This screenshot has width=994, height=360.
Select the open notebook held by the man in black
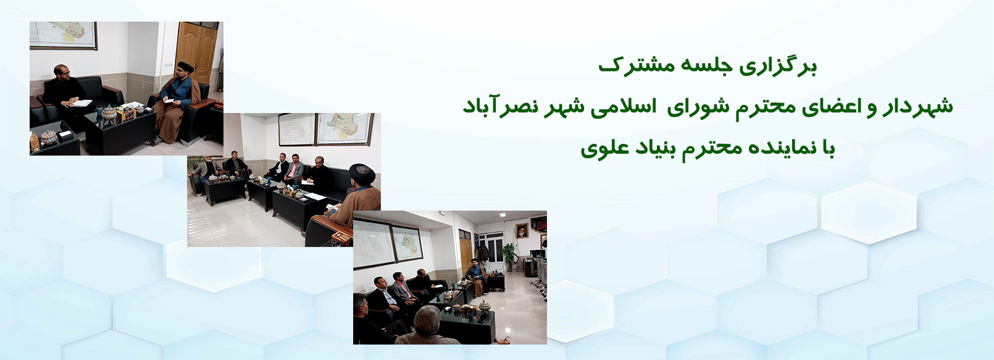pos(83,103)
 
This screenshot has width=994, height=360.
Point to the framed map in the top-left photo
pos(63,35)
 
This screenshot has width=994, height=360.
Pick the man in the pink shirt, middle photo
pos(294,169)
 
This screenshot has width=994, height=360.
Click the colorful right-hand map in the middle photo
pos(344,128)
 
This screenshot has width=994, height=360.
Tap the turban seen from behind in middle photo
pos(362,174)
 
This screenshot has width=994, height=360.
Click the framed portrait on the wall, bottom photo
pos(522,230)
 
